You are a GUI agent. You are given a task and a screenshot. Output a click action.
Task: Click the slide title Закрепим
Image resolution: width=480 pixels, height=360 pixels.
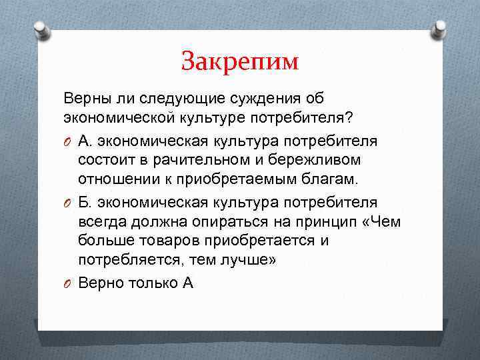(240, 62)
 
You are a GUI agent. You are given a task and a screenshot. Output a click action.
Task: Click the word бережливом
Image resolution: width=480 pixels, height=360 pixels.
(305, 160)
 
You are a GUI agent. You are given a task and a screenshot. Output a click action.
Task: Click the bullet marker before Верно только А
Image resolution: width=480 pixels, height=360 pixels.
(67, 283)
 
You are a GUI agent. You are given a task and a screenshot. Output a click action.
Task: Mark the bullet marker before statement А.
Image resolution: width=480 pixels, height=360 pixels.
(67, 141)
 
